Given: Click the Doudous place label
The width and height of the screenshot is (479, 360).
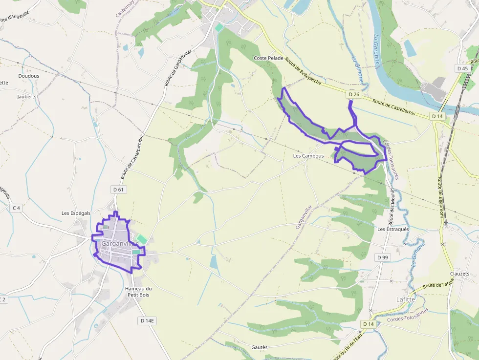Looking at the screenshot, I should click(28, 76).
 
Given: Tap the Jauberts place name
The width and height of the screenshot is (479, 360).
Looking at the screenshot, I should click(27, 97).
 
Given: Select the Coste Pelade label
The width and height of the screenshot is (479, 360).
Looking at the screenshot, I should click(268, 58).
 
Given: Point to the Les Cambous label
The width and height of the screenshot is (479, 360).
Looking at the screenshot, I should click(308, 156).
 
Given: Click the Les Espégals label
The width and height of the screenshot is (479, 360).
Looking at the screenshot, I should click(76, 213).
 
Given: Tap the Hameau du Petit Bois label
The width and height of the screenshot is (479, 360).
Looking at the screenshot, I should click(138, 292).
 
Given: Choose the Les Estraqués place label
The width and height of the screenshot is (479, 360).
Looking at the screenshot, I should click(393, 229).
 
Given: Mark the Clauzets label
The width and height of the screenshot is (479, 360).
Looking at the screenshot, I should click(460, 274).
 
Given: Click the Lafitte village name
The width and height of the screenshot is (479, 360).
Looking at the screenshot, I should click(405, 299).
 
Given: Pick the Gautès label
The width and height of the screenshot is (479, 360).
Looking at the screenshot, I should click(260, 347).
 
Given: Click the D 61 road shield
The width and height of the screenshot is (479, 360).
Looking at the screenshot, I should click(118, 190).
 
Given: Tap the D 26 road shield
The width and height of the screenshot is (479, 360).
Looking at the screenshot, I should click(354, 94).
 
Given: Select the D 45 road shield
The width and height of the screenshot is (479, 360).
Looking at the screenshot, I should click(462, 68).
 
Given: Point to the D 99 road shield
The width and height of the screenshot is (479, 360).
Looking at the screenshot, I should click(382, 257).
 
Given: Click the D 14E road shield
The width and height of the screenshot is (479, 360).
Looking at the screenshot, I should click(147, 321).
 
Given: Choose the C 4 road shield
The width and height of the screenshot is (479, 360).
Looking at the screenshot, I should click(16, 208).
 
